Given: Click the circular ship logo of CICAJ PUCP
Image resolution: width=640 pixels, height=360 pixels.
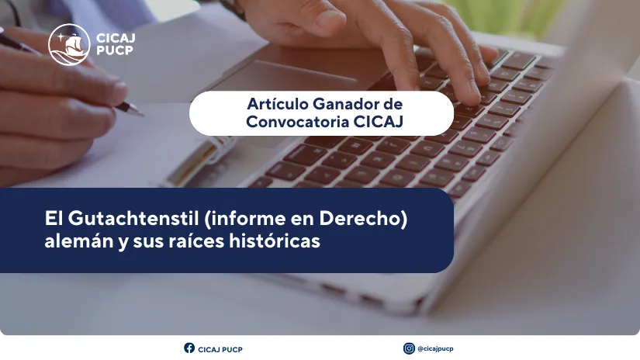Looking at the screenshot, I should coord(68,45).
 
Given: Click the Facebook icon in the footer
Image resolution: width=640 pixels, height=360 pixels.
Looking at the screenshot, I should coord(189,348).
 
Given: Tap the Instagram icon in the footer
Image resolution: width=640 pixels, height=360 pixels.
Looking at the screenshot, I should coord(409,348).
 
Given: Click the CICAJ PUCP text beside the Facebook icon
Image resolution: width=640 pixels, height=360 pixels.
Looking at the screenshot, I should coord(220,349).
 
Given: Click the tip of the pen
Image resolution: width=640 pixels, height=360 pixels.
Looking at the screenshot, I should coord(141,114).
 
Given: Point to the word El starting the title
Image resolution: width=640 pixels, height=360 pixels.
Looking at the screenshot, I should coord(54,220).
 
